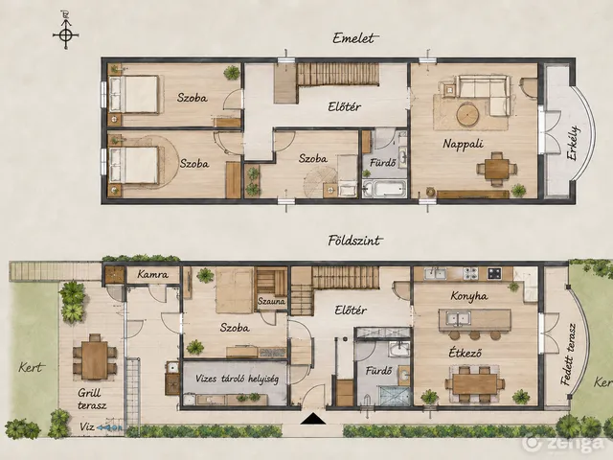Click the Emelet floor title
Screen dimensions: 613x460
pyautogui.click(x=353, y=38)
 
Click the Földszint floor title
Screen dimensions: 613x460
pyautogui.click(x=354, y=241)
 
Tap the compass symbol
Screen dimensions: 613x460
pyautogui.click(x=66, y=34)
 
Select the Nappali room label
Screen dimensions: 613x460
pyautogui.click(x=463, y=144)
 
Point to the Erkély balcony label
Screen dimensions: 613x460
pyautogui.click(x=573, y=143)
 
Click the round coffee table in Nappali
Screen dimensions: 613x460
pyautogui.click(x=467, y=114)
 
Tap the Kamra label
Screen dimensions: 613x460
pyautogui.click(x=153, y=275)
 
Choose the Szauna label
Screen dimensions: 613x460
pyautogui.click(x=271, y=302)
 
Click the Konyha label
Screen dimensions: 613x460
pyautogui.click(x=468, y=296)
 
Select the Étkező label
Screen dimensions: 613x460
pyautogui.click(x=465, y=354)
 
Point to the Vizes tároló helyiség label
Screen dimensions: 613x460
pyautogui.click(x=237, y=379)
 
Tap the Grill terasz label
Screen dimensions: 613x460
pyautogui.click(x=92, y=399)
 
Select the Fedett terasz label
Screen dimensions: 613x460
pyautogui.click(x=568, y=355)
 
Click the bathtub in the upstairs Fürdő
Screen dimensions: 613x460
pyautogui.click(x=384, y=190)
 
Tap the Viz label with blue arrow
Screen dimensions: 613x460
pyautogui.click(x=101, y=427)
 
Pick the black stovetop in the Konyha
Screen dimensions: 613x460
pyautogui.click(x=494, y=273)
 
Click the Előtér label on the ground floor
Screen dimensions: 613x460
pyautogui.click(x=351, y=310)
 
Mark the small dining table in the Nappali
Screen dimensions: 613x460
pyautogui.click(x=496, y=169)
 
